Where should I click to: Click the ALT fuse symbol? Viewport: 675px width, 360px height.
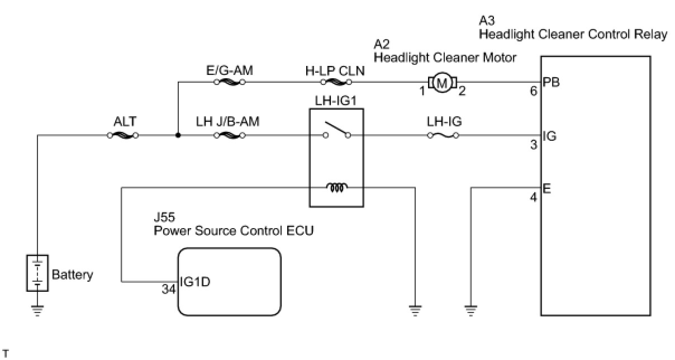click(x=122, y=135)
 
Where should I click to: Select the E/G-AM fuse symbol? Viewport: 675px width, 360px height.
click(x=230, y=82)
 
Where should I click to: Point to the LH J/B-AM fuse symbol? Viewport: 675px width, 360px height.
click(x=230, y=135)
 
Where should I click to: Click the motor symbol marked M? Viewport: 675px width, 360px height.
click(x=443, y=83)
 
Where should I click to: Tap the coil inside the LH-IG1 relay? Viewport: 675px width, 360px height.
click(x=337, y=188)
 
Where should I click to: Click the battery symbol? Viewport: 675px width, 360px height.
click(x=37, y=273)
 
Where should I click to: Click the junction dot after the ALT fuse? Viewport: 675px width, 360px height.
click(x=178, y=135)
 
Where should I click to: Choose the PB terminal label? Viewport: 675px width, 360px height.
click(x=551, y=83)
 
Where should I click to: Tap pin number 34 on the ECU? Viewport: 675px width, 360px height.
click(x=169, y=290)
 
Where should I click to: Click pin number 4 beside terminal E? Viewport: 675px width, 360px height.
click(x=534, y=197)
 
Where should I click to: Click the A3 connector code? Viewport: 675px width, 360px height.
click(x=487, y=21)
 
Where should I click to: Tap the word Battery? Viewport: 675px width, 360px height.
click(x=73, y=275)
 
